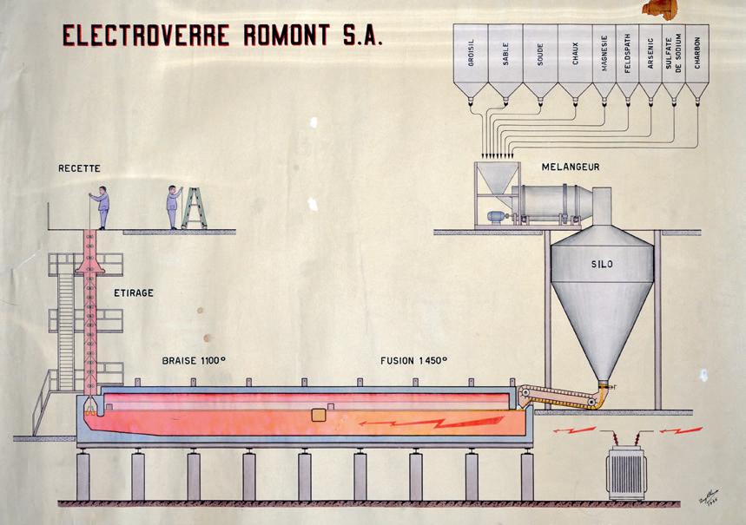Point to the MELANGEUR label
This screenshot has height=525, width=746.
click(x=571, y=166)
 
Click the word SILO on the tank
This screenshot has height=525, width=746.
click(x=602, y=263)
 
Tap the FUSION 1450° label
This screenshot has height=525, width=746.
click(x=414, y=360)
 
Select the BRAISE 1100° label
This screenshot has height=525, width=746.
click(x=194, y=360)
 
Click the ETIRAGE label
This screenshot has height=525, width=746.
click(x=134, y=293)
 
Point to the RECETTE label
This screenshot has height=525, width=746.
click(x=80, y=167)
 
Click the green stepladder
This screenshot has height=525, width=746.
click(x=195, y=207)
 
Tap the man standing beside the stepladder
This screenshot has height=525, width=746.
click(x=174, y=208)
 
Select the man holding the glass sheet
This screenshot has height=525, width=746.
click(x=102, y=208)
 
